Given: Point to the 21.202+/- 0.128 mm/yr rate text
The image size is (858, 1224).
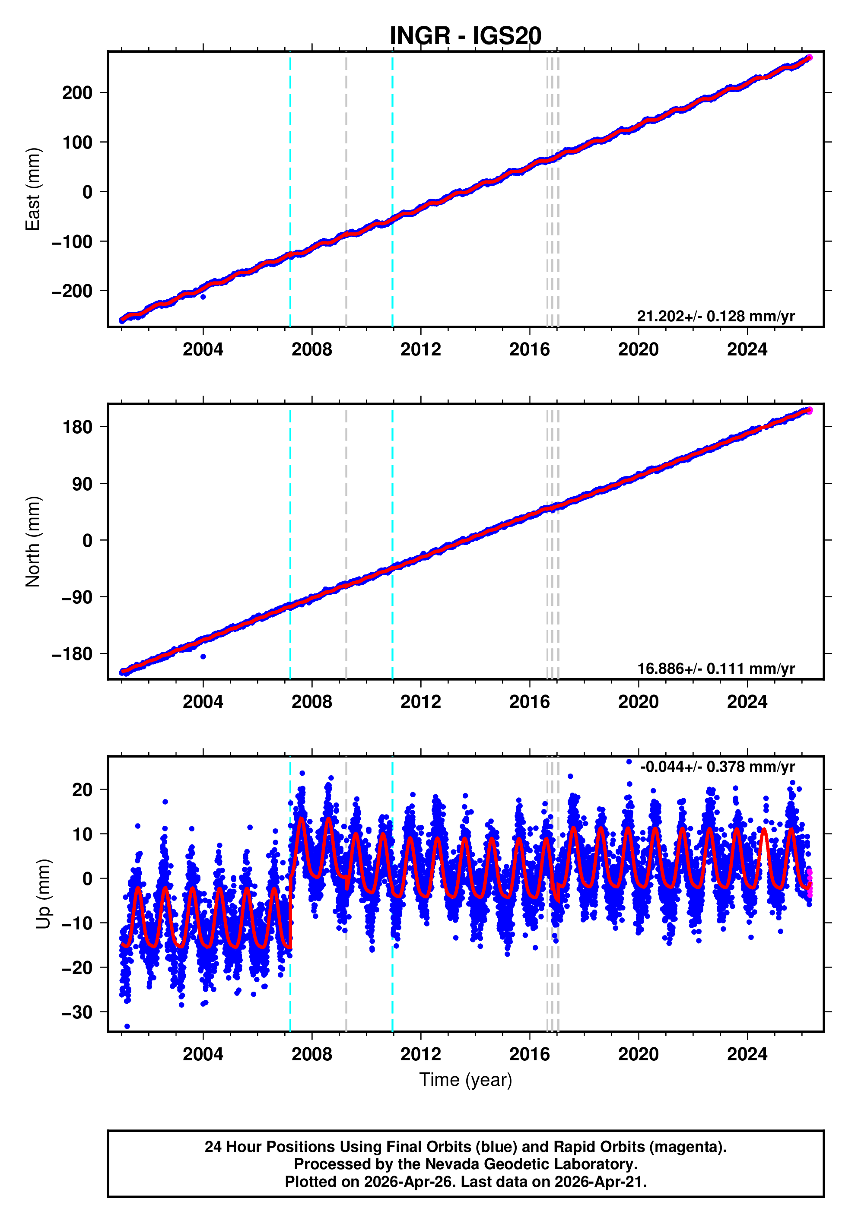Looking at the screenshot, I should pyautogui.click(x=715, y=316).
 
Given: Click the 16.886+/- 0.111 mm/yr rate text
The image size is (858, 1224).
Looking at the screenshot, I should pyautogui.click(x=715, y=669).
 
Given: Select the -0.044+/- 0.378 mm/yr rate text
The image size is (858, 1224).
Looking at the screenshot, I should pyautogui.click(x=717, y=767).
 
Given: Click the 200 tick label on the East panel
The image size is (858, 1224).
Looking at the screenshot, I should pyautogui.click(x=77, y=93).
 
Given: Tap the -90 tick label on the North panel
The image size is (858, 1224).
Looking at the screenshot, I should pyautogui.click(x=77, y=597).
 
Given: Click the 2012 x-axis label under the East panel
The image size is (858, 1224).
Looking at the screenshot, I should pyautogui.click(x=420, y=350).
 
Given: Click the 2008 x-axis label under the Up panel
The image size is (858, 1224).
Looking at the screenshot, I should pyautogui.click(x=311, y=1054).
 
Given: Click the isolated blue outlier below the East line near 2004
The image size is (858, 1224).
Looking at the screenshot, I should pyautogui.click(x=203, y=296).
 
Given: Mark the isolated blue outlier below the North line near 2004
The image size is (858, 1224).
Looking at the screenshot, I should pyautogui.click(x=203, y=656).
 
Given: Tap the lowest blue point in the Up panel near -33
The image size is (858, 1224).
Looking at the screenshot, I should pyautogui.click(x=127, y=1026).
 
